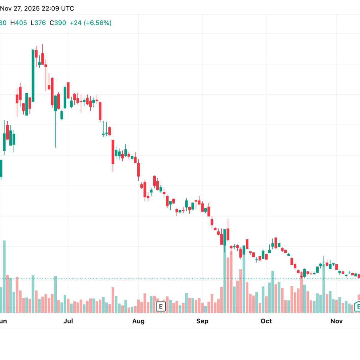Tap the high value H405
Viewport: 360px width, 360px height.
coord(19,23)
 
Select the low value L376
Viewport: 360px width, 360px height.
coord(38,23)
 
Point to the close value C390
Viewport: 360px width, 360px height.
coord(58,23)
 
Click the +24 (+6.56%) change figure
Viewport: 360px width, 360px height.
coord(91,23)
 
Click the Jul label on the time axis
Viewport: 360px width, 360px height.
coord(68,321)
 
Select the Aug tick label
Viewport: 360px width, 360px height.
coord(138,321)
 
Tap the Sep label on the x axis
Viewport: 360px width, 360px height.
coord(202,321)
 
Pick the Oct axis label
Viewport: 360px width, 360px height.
coord(266,321)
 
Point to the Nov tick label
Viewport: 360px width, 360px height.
coord(336,321)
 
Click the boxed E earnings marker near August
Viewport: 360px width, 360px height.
coord(161,306)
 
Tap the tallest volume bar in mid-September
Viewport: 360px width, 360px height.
coord(225,279)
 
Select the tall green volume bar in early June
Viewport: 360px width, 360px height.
coord(4,276)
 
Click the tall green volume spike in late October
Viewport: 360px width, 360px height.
coord(324,288)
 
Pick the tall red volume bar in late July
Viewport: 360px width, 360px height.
coord(113,300)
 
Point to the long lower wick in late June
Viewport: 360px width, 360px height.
coord(55,129)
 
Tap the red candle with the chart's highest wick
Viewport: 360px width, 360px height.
coord(43,59)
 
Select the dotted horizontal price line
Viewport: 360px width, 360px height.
coord(180,279)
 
